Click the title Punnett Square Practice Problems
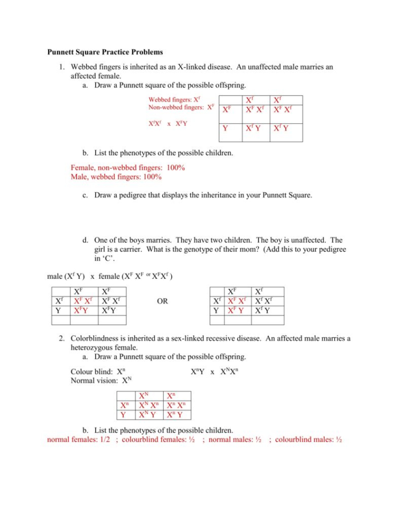point(105,53)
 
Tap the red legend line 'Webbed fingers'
point(174,100)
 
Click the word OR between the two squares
point(162,302)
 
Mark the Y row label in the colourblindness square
point(124,414)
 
